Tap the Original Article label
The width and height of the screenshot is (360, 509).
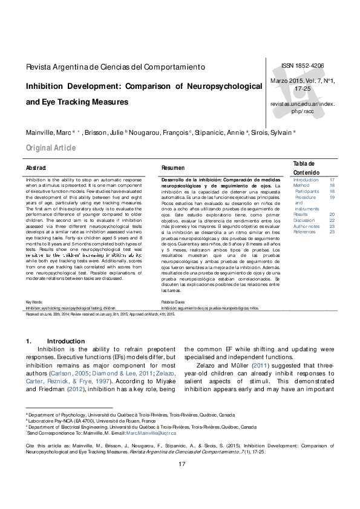pos(51,148)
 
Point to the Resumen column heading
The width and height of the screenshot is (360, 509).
pos(173,167)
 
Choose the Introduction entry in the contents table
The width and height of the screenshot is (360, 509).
pos(306,180)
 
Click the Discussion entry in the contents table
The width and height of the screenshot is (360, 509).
pos(304,220)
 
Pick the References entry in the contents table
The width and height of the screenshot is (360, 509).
pos(305,232)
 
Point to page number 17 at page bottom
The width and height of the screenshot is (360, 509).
pos(180,481)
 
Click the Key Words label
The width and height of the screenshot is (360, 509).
pos(34,301)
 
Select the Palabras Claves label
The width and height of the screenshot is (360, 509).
pos(174,301)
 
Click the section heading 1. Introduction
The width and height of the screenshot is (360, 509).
pos(51,342)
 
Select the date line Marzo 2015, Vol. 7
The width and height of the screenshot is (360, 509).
pos(302,80)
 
